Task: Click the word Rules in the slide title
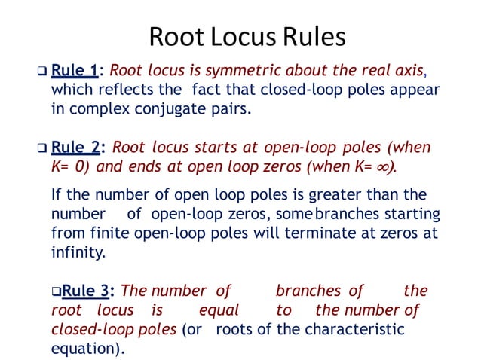click(311, 37)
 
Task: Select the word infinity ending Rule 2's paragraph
click(78, 252)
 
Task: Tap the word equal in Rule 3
click(218, 310)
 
